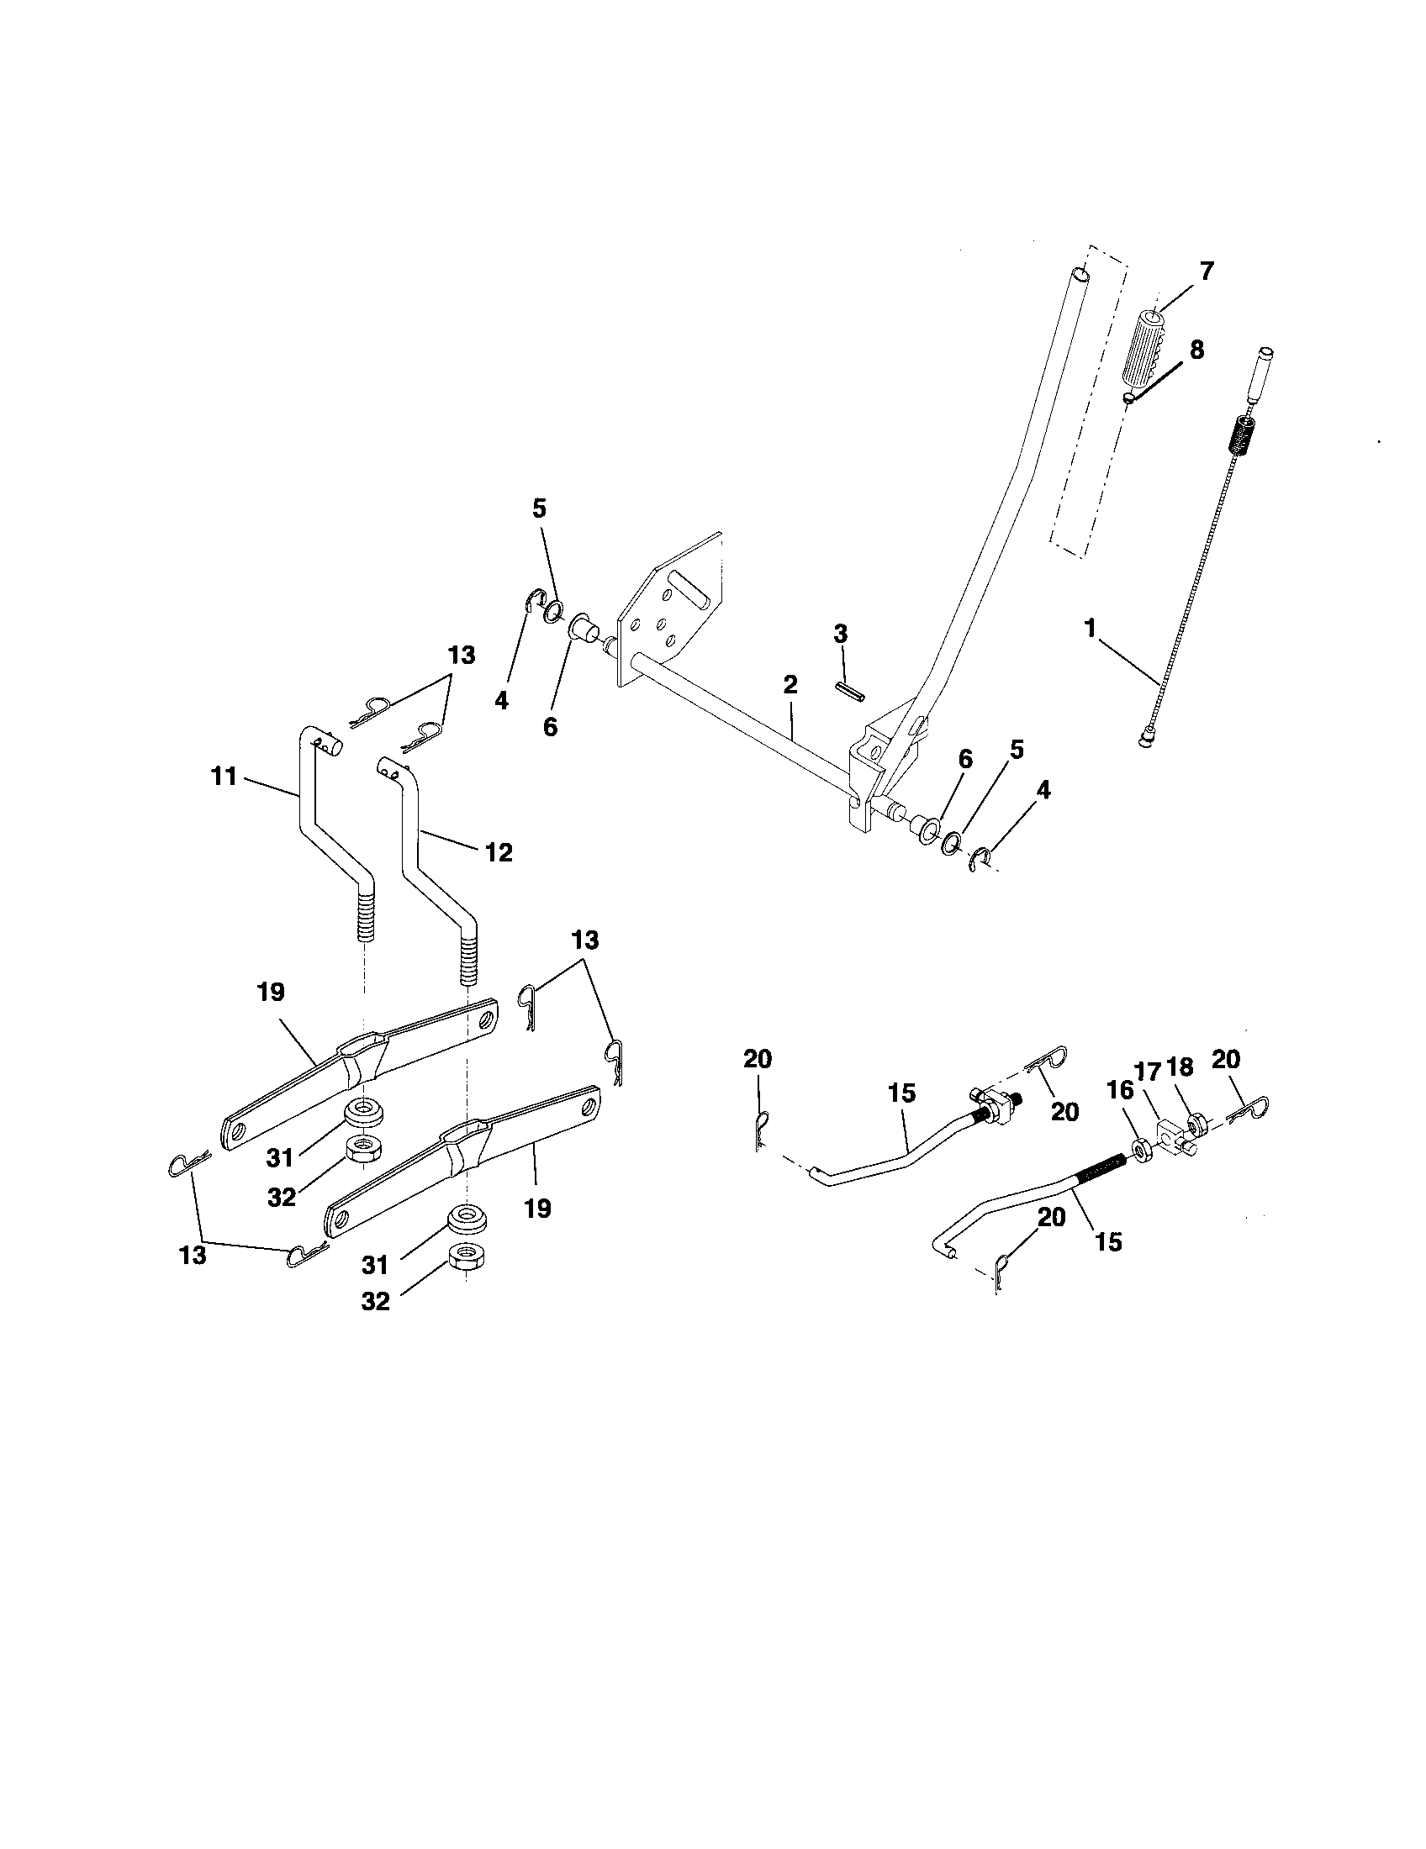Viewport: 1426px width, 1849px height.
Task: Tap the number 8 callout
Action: point(1196,350)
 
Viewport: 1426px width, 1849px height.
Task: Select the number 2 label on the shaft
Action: point(790,685)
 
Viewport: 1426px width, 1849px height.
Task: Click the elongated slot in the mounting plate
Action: point(687,587)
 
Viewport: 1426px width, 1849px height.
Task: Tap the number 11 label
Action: point(224,776)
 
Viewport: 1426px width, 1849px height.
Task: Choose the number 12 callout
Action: point(499,852)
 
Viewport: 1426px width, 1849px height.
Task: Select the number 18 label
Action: point(1180,1067)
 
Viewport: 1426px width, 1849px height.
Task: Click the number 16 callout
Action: point(1120,1090)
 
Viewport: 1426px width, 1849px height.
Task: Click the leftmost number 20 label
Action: point(757,1058)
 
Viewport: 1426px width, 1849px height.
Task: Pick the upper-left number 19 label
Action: point(271,993)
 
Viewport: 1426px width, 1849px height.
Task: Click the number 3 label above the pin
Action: point(840,633)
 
